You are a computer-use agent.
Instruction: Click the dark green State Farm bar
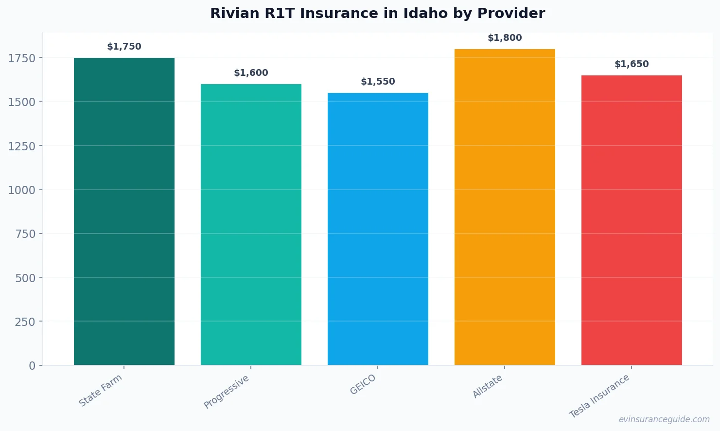pos(124,211)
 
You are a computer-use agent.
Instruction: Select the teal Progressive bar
pos(251,224)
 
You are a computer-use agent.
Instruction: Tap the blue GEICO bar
pos(378,229)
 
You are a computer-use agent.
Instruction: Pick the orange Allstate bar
pos(505,207)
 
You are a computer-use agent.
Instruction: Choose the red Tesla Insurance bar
pos(632,220)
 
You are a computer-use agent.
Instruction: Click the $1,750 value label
pos(124,47)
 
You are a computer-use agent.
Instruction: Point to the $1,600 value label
pos(251,73)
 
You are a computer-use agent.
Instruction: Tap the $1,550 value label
pos(378,82)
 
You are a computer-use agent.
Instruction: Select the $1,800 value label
pos(505,38)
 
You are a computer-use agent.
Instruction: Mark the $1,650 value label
pos(632,64)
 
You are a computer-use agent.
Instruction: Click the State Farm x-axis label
pos(101,391)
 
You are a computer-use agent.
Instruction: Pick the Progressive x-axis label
pos(227,392)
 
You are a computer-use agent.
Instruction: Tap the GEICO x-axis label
pos(363,385)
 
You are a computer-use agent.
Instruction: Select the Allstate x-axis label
pos(488,387)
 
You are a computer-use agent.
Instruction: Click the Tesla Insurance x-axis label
pos(599,396)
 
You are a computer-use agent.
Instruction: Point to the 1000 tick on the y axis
pos(21,190)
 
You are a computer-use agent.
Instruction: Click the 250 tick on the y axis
pos(25,322)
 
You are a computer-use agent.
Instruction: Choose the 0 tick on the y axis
pos(32,366)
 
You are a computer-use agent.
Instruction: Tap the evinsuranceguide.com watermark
pos(664,419)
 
